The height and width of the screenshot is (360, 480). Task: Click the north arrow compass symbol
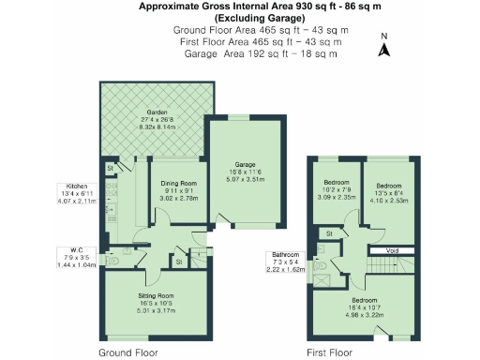pos(382,46)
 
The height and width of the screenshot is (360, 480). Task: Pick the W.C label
pos(77,248)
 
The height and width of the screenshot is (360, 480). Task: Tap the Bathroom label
pos(285,255)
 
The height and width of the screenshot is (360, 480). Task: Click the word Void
pos(392,251)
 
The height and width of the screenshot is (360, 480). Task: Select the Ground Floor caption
pos(127,352)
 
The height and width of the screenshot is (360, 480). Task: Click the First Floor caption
pos(330,352)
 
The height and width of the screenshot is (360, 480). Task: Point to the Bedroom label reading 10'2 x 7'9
pos(337,182)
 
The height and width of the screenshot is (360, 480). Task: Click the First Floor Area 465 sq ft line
pos(260,42)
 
